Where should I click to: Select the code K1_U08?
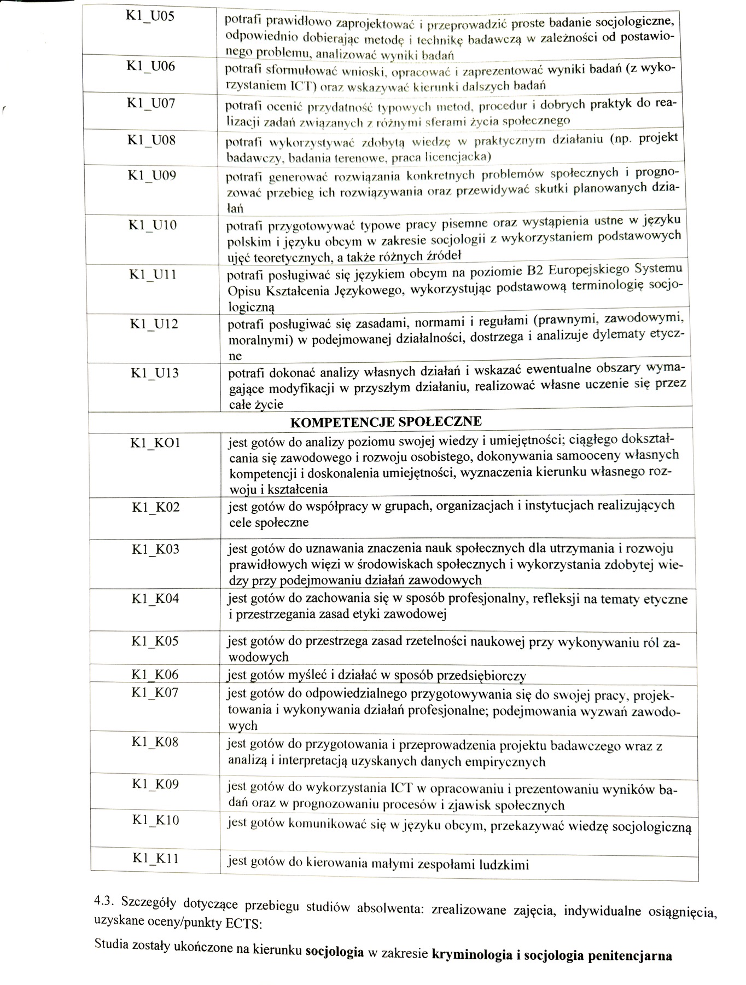click(x=151, y=140)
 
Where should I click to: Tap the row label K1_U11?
click(x=153, y=274)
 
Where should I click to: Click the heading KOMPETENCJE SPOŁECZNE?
click(x=386, y=422)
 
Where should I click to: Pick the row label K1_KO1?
click(x=155, y=443)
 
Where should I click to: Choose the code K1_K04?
click(x=155, y=598)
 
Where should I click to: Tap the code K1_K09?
click(x=155, y=784)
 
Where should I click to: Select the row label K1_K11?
click(x=155, y=859)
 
